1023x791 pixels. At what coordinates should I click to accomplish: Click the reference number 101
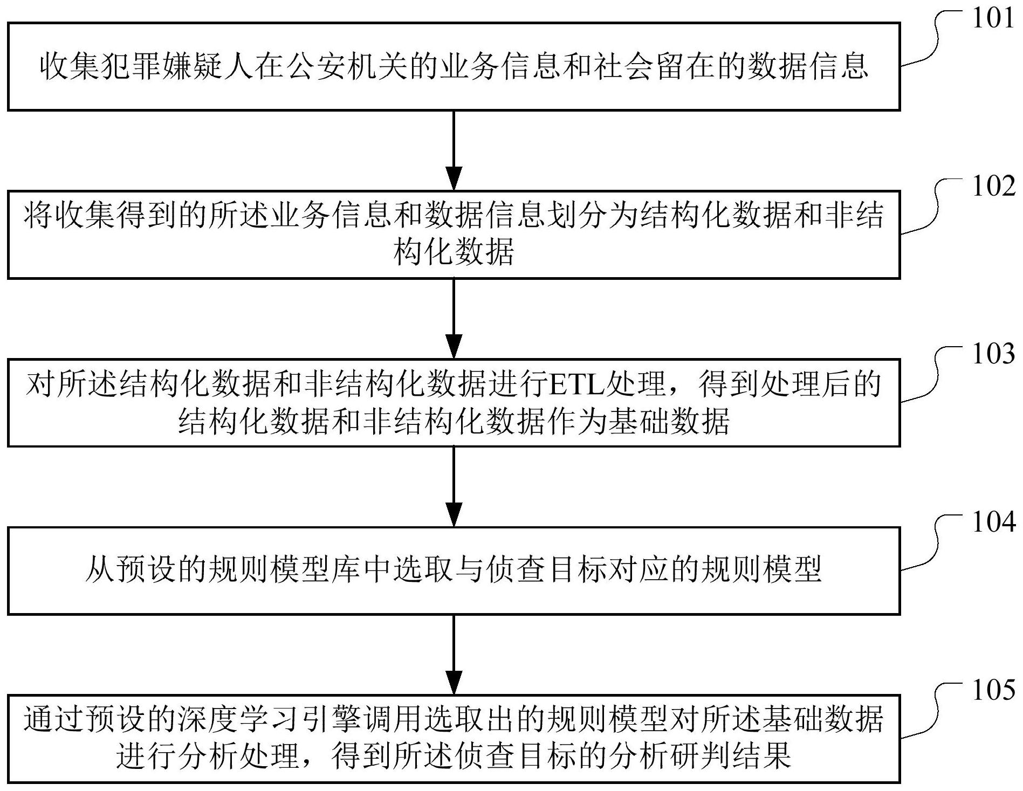[x=993, y=19]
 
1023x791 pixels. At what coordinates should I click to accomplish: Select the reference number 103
[x=993, y=355]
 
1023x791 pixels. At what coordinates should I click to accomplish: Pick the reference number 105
[x=993, y=691]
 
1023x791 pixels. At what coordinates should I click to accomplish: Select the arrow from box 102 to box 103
[x=454, y=318]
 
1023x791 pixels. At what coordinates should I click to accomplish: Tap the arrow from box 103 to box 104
[x=454, y=486]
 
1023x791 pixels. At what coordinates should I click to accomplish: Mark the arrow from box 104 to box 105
[x=454, y=654]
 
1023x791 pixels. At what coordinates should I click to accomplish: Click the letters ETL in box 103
[x=577, y=384]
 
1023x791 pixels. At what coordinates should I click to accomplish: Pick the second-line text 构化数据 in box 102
[x=454, y=251]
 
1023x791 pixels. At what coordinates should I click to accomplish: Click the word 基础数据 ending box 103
[x=669, y=421]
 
